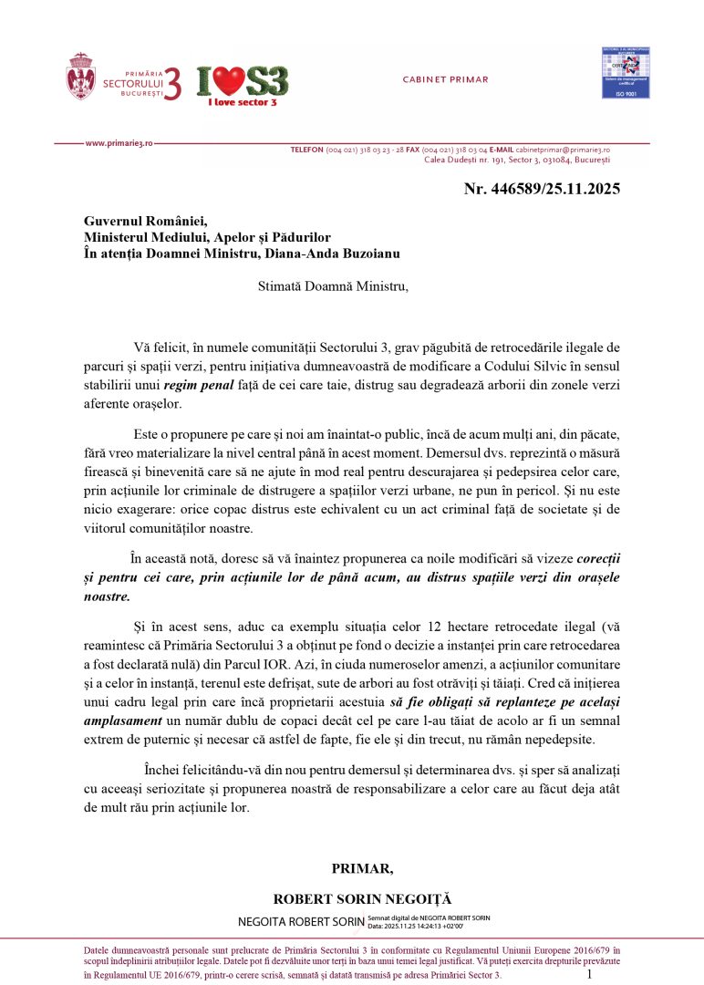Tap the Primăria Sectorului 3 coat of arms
(80, 77)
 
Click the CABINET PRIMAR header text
(445, 79)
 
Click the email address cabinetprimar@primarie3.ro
(563, 149)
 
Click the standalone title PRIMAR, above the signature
(362, 867)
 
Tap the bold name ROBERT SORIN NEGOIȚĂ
(362, 898)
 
